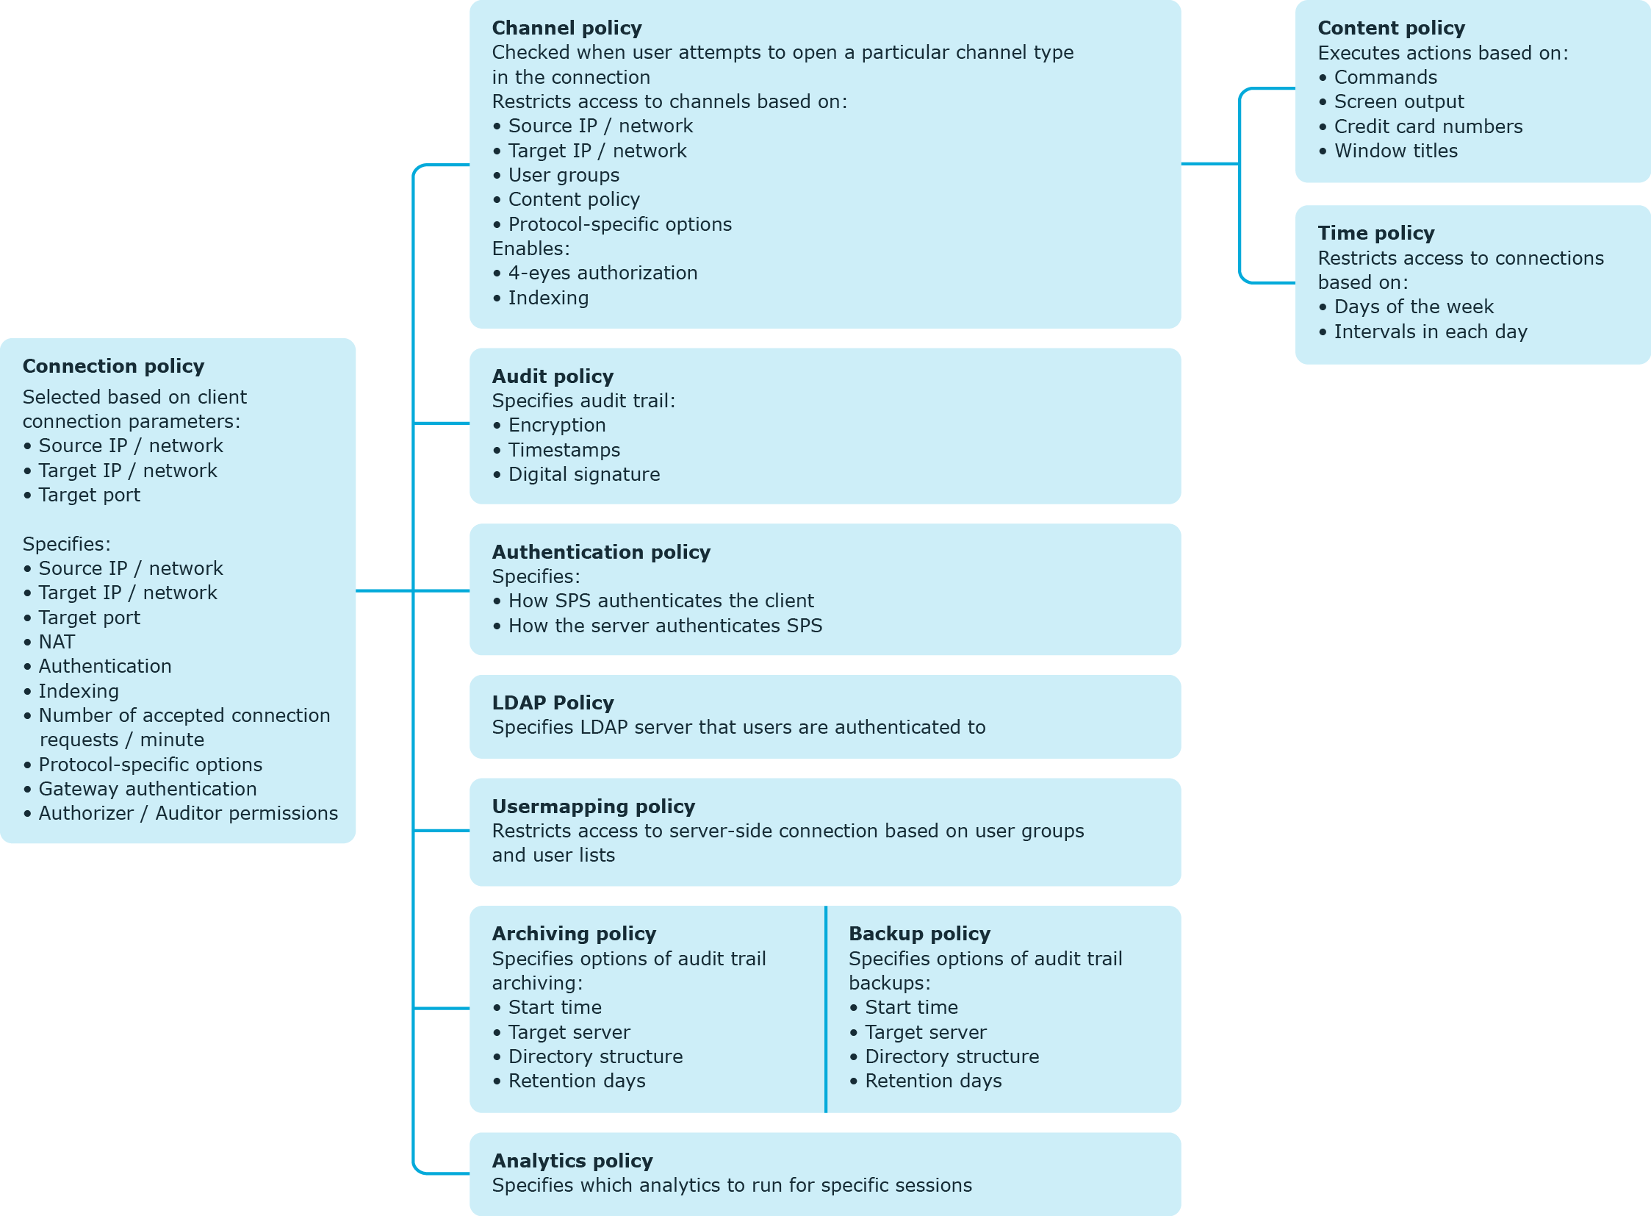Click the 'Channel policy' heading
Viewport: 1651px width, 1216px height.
(x=566, y=28)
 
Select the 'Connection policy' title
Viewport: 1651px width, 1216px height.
(x=113, y=366)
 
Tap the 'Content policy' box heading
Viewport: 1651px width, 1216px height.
(x=1392, y=28)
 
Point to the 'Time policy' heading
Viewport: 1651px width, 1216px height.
(x=1375, y=233)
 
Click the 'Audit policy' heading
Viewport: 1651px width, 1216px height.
(x=553, y=376)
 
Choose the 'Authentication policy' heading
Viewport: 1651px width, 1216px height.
(x=601, y=552)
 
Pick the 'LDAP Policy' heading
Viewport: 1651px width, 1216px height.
(x=553, y=703)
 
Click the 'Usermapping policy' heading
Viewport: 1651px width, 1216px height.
(x=593, y=807)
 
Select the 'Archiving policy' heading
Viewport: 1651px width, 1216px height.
(x=574, y=934)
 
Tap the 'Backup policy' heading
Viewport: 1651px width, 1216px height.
(x=920, y=934)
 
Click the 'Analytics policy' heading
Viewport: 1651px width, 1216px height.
(x=572, y=1161)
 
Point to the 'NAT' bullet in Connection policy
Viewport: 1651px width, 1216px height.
(x=57, y=642)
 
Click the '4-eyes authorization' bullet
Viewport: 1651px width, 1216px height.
(x=603, y=273)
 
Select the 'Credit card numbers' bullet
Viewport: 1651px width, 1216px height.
(x=1428, y=126)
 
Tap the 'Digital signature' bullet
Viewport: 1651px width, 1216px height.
(x=584, y=475)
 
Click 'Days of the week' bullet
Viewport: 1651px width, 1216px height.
(x=1414, y=307)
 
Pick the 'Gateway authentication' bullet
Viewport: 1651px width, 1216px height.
(x=148, y=789)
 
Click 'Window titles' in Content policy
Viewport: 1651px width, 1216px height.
(x=1396, y=151)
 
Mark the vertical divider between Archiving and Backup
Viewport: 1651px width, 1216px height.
(x=827, y=1009)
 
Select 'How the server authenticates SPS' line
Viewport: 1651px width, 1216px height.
(x=665, y=626)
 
